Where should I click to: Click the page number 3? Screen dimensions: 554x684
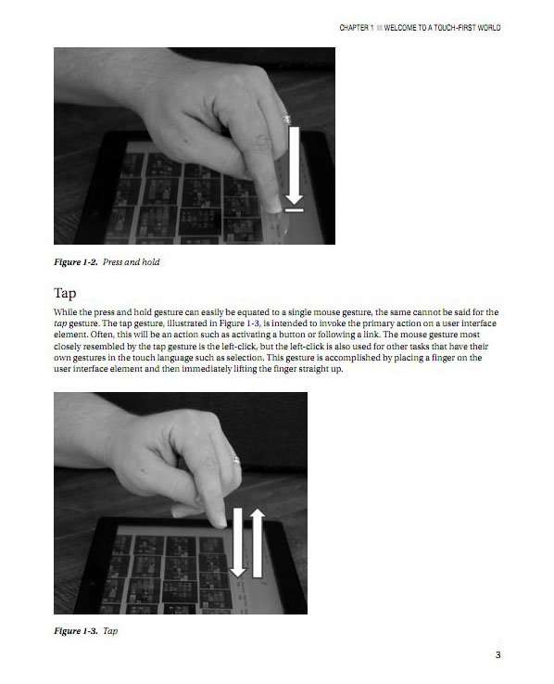[497, 654]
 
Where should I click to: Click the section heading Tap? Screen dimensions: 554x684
[65, 293]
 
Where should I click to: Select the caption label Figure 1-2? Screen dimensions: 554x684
[76, 262]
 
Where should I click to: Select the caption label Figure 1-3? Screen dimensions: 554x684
[76, 631]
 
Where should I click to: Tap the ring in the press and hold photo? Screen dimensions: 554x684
[286, 119]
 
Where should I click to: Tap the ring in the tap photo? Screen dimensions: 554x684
[235, 460]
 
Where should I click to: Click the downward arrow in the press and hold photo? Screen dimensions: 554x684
[295, 166]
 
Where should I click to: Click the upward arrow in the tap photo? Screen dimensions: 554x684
[258, 543]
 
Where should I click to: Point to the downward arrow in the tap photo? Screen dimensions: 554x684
[238, 542]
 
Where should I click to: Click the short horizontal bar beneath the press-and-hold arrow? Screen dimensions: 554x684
[295, 210]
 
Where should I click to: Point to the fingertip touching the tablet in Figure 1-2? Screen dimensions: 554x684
[273, 208]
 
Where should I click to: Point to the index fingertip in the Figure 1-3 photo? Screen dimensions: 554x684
[220, 522]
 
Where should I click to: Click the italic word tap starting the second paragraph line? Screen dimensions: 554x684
[60, 323]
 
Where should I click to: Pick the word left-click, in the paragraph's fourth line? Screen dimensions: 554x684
[240, 347]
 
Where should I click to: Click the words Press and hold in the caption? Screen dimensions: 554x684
[132, 262]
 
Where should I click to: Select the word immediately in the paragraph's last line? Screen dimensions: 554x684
[207, 369]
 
